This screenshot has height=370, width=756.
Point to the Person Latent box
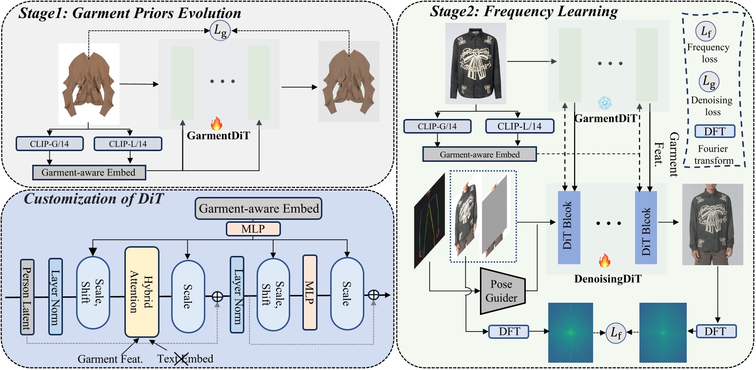pos(27,297)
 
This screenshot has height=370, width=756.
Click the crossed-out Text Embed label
pos(185,359)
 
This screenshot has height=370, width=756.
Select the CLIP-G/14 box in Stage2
pos(437,126)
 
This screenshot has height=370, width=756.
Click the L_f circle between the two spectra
pos(616,332)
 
